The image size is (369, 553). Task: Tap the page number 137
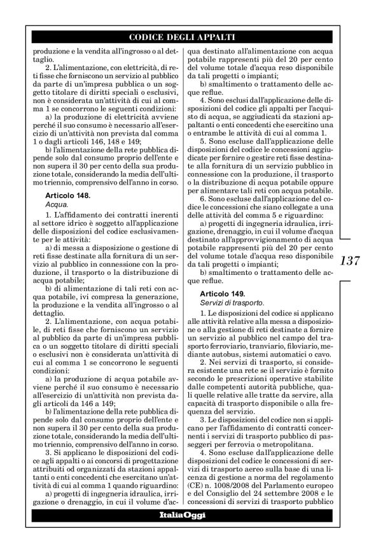click(x=351, y=260)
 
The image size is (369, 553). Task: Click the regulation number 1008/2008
click(x=239, y=472)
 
